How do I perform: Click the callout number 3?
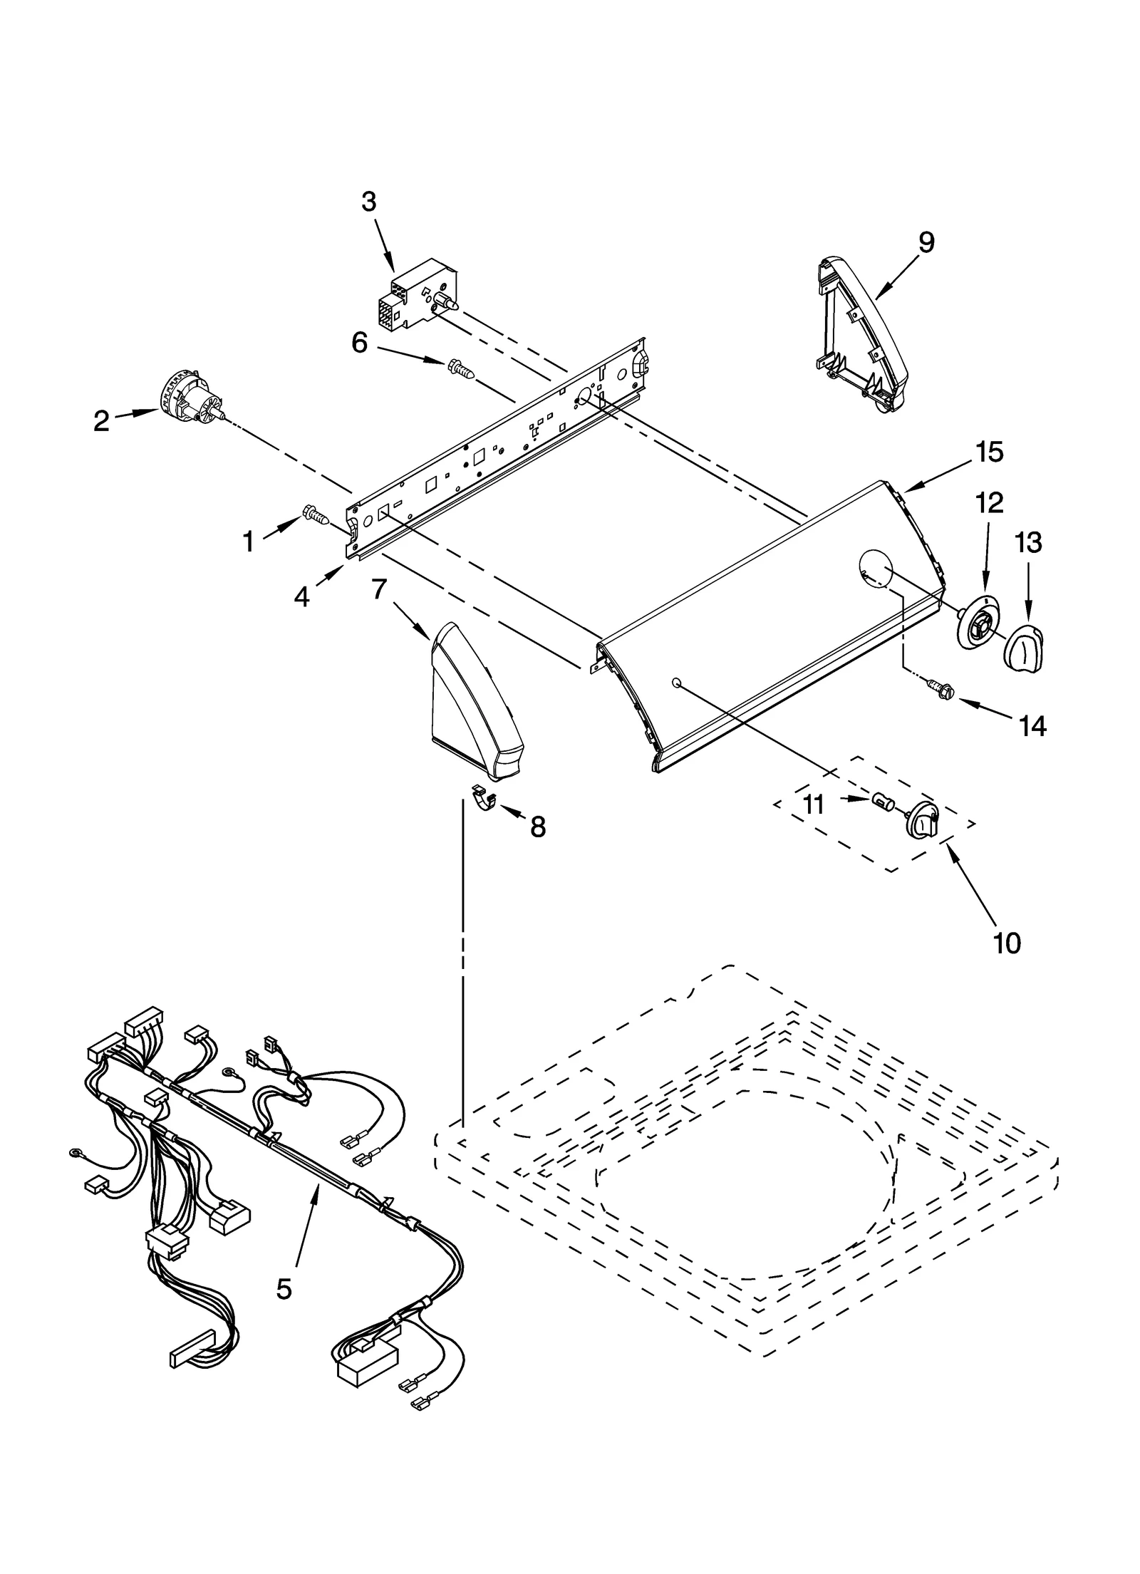368,202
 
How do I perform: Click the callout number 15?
990,451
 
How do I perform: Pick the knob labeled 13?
1023,645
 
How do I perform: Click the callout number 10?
1007,943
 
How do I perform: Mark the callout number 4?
302,597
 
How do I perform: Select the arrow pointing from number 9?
897,277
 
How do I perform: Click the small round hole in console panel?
676,683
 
